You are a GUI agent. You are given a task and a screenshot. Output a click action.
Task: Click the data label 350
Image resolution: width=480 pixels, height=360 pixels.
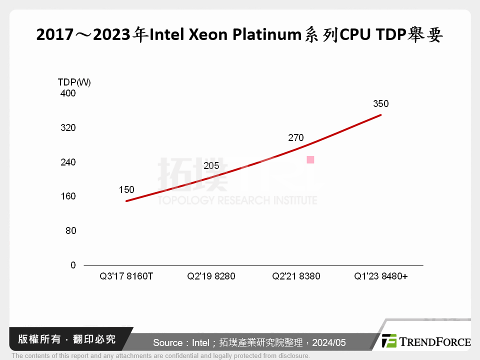coord(380,104)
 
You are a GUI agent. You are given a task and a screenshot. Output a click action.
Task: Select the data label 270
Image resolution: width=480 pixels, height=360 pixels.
coord(295,138)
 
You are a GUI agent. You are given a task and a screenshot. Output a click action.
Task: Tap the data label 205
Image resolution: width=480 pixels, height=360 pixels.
coord(211,166)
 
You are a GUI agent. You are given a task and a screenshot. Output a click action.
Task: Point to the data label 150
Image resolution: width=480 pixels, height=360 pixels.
coord(126,189)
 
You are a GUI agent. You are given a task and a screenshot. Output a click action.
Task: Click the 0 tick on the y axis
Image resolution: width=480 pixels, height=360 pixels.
coord(73,265)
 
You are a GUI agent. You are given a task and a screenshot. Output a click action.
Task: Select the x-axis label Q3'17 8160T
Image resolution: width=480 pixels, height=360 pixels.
coord(126,276)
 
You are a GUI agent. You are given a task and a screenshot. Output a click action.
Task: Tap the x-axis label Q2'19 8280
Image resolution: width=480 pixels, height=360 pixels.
coord(211,276)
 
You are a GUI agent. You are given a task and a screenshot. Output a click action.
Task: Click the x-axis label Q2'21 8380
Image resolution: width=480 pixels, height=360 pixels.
coord(296,276)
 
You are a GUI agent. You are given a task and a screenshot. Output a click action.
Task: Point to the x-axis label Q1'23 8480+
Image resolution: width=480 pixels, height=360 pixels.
coord(380,276)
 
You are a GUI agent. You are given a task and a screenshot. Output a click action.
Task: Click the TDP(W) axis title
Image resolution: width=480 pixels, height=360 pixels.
coord(74,82)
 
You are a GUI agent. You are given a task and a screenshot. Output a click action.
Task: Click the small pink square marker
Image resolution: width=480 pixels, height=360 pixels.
coord(310,160)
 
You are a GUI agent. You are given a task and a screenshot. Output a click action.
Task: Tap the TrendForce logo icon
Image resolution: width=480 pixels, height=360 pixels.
coord(389,341)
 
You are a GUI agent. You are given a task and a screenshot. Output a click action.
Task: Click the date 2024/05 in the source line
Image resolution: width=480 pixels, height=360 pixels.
coord(329,343)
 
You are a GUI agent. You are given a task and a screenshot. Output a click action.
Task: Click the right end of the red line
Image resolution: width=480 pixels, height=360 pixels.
coord(380,115)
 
